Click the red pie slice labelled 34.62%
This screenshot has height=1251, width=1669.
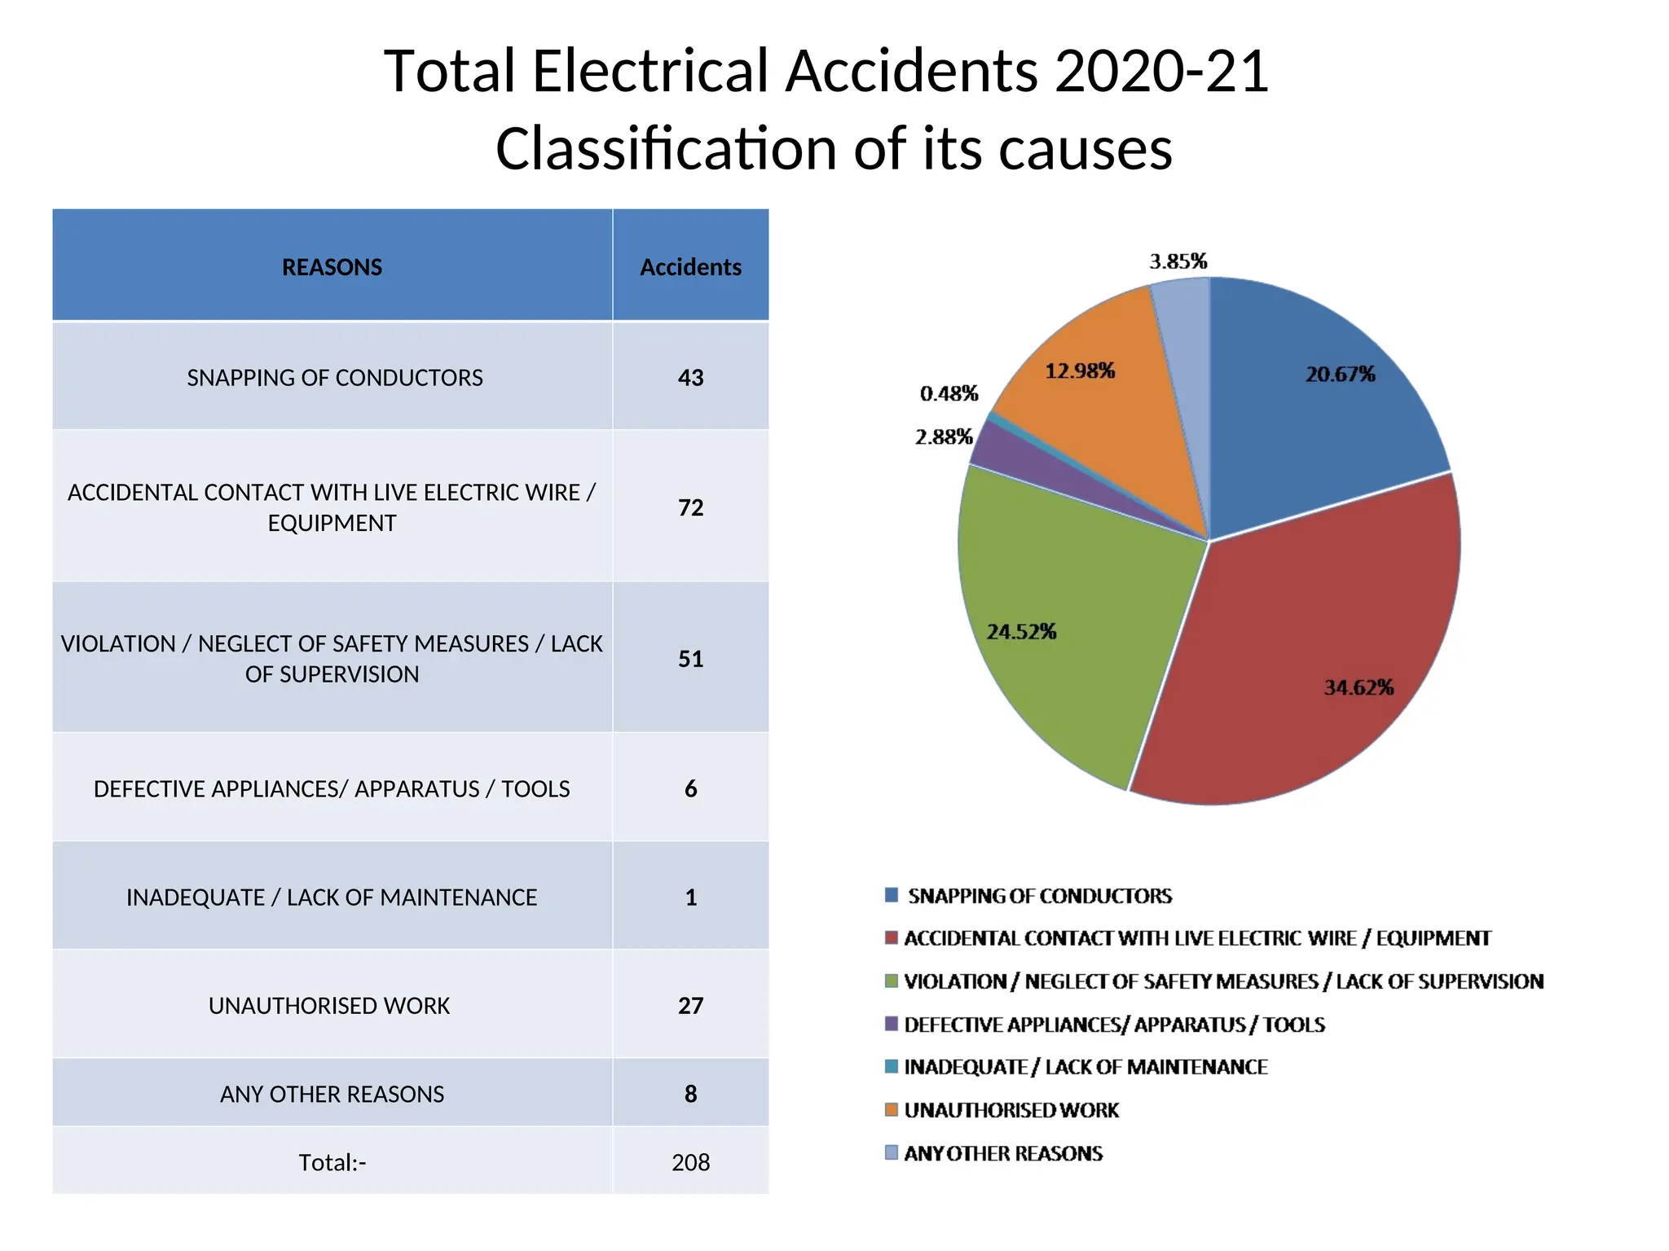[x=1304, y=652]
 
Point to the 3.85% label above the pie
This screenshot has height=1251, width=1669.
[x=1178, y=261]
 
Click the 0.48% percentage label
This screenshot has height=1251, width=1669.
[x=949, y=394]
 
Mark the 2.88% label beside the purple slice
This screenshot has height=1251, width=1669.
[x=944, y=437]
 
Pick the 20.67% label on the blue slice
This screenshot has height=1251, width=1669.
[x=1340, y=375]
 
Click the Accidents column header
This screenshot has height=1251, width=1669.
[x=690, y=267]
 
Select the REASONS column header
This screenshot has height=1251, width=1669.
[x=332, y=267]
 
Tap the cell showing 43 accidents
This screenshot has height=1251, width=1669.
[x=690, y=378]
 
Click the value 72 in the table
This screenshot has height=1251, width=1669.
[x=690, y=507]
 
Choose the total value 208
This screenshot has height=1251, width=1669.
[x=690, y=1162]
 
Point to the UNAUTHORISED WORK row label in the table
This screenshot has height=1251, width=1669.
[x=329, y=1006]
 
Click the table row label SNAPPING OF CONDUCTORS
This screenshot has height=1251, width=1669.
[x=335, y=378]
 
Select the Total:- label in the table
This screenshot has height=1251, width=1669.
[x=332, y=1162]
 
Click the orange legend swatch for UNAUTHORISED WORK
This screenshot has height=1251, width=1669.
[x=892, y=1109]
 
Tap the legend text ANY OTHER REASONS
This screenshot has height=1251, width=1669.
[x=1003, y=1153]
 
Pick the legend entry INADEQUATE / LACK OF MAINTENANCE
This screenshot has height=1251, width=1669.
[x=1086, y=1067]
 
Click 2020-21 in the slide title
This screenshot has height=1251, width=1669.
[x=1161, y=72]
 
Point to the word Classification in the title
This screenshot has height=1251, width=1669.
[x=666, y=149]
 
